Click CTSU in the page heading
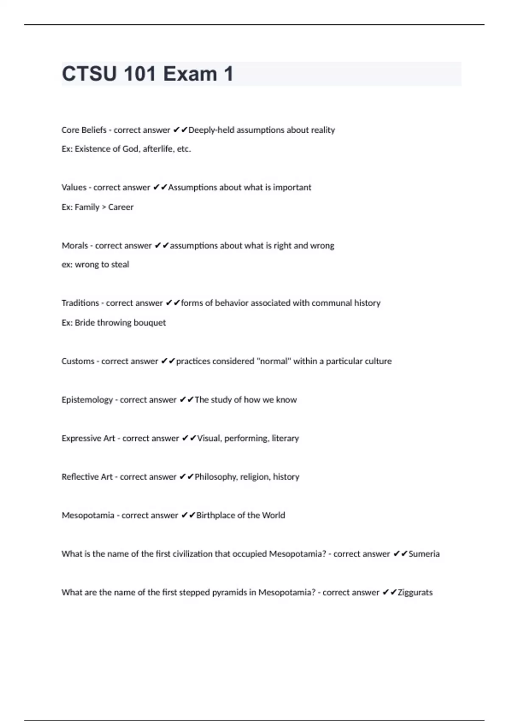(89, 74)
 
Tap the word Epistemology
(87, 400)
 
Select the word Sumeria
(424, 554)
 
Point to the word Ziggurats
(415, 592)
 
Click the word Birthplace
(215, 515)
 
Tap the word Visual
(208, 438)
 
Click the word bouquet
(150, 323)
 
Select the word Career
(121, 207)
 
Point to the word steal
(120, 265)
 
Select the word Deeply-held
(211, 130)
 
